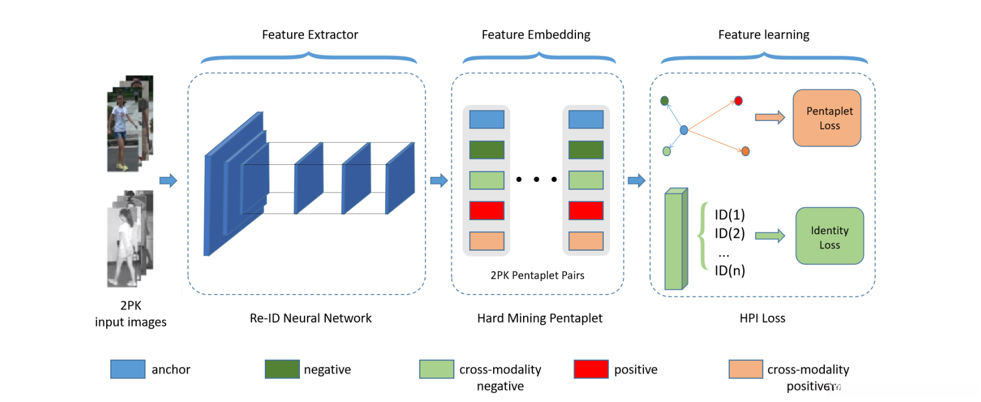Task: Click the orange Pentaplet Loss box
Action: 827,118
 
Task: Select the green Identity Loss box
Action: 829,236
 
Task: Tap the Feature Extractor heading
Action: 309,35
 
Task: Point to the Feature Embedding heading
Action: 535,35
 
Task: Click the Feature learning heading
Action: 763,35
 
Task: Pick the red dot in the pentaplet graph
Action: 738,101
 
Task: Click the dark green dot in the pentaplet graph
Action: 665,101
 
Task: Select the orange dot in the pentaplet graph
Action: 745,151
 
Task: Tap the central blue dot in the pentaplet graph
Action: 683,130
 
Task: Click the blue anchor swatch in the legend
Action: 127,369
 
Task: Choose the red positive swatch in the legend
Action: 591,369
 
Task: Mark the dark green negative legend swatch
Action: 282,369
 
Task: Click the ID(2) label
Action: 729,234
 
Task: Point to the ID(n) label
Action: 729,271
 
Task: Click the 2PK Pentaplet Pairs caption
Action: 537,275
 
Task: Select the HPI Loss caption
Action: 762,318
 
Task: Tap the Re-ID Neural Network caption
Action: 311,318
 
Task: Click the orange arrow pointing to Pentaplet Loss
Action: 770,117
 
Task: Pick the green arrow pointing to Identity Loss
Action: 770,236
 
